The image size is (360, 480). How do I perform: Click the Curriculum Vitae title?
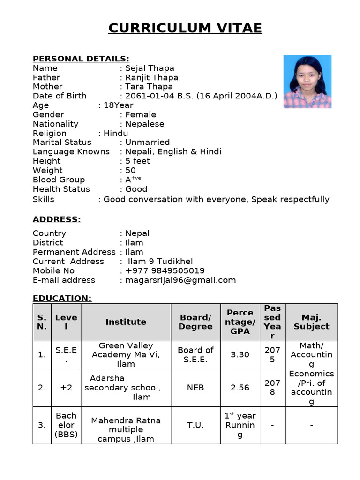click(185, 28)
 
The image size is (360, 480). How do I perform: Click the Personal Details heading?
click(81, 59)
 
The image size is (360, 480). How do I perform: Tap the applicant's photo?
click(307, 82)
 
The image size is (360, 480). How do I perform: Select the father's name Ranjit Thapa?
click(151, 77)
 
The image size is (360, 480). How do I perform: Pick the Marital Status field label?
click(62, 142)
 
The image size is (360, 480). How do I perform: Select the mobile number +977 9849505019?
click(165, 271)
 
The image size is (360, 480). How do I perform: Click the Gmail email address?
click(180, 280)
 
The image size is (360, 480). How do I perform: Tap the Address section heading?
click(57, 220)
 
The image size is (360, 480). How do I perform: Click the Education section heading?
click(62, 299)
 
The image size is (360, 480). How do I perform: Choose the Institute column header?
click(126, 322)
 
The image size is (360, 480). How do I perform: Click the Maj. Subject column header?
click(311, 322)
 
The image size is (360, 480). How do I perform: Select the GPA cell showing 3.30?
click(240, 355)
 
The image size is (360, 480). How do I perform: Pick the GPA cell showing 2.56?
click(240, 388)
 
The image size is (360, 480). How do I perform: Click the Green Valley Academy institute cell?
click(126, 355)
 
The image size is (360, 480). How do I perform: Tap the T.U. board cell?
click(195, 425)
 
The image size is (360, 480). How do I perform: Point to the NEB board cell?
click(195, 388)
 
